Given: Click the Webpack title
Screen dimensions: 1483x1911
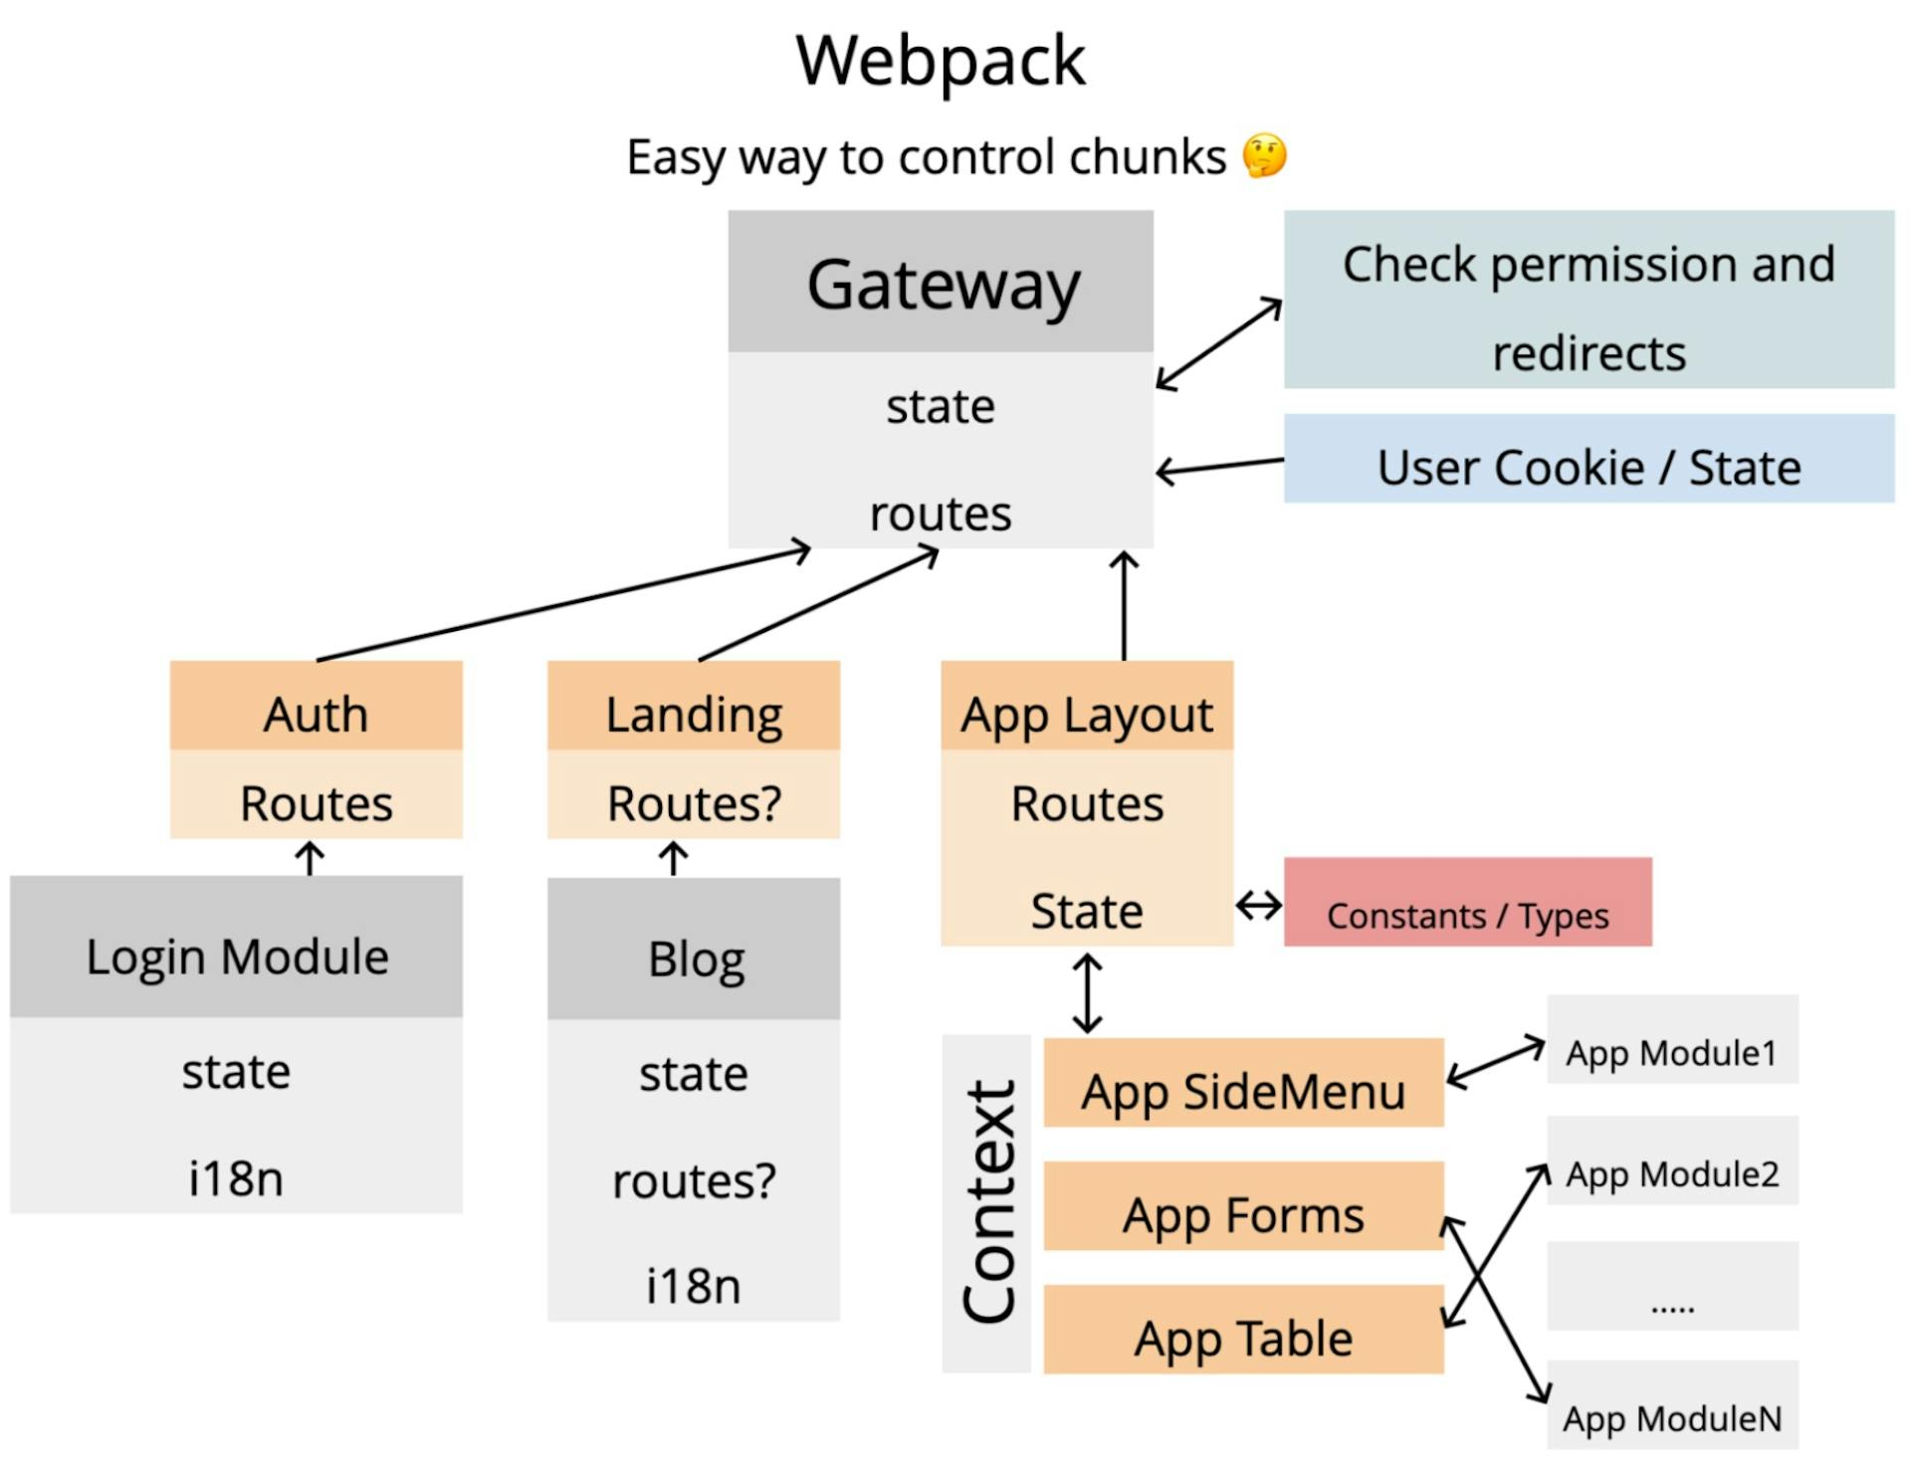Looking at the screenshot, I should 940,62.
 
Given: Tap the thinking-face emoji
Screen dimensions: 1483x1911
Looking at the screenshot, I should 1264,156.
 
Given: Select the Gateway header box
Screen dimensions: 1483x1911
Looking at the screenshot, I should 941,282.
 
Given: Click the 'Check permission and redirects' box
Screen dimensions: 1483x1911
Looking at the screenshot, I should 1589,300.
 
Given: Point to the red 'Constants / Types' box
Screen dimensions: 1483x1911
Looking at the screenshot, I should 1467,902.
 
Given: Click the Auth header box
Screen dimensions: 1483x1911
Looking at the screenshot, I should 316,706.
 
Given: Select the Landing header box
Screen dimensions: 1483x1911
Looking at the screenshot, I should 693,706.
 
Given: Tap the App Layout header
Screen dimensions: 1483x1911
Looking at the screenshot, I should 1087,706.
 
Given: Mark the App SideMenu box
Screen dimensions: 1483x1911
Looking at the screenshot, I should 1243,1083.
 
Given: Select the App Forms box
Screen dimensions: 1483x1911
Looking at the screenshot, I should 1243,1206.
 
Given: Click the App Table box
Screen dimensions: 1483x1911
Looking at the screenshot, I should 1243,1330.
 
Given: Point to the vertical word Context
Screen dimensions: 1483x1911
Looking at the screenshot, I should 987,1203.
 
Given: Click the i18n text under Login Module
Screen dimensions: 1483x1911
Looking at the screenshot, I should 236,1178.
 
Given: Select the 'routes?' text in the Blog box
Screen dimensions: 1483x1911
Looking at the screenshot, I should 693,1181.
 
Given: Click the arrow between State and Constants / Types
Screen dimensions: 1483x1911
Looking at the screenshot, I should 1258,907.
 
